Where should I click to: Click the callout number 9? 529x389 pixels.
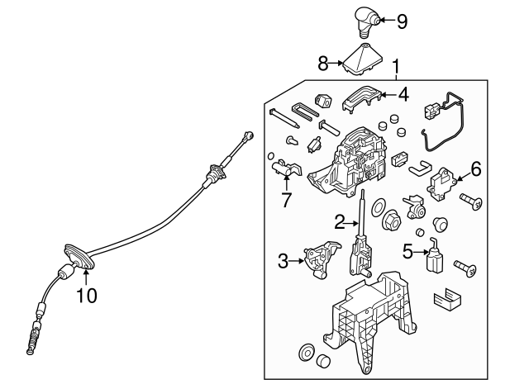coord(402,21)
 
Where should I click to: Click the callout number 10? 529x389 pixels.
coord(86,296)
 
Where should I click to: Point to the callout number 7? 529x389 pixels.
coord(286,200)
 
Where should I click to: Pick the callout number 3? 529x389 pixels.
coord(283,261)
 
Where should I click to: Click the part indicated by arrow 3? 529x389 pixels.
coord(321,259)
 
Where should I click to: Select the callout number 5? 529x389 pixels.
coord(407,251)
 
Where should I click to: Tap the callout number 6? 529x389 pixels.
coord(476,169)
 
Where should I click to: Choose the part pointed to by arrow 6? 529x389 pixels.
coord(441,183)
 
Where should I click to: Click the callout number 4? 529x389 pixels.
coord(403,94)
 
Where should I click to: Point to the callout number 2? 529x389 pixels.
coord(340,222)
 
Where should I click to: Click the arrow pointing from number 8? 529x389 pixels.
coord(336,63)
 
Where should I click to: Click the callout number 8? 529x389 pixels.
coord(323,64)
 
